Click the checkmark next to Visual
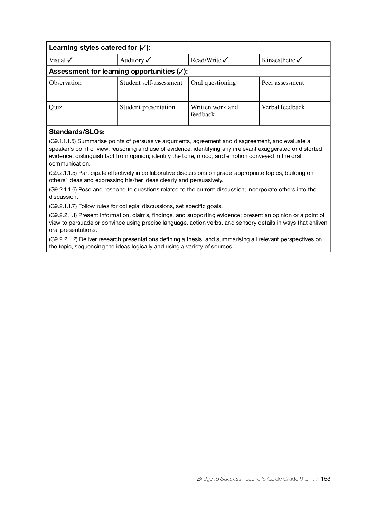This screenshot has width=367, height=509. (x=70, y=60)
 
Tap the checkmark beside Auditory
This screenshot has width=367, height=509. (x=148, y=60)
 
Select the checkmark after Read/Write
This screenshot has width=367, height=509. (x=225, y=60)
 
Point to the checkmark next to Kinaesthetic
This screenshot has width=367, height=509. (x=299, y=60)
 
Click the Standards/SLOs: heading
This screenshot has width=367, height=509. (x=77, y=132)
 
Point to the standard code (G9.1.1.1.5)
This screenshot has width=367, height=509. (x=63, y=141)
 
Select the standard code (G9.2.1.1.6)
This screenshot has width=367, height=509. (x=63, y=190)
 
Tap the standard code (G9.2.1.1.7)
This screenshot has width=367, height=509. (x=63, y=206)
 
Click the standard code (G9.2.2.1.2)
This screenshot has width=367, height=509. (x=63, y=239)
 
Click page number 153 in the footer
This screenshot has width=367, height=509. (x=326, y=479)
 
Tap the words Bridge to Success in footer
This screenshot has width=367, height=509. (x=219, y=479)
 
